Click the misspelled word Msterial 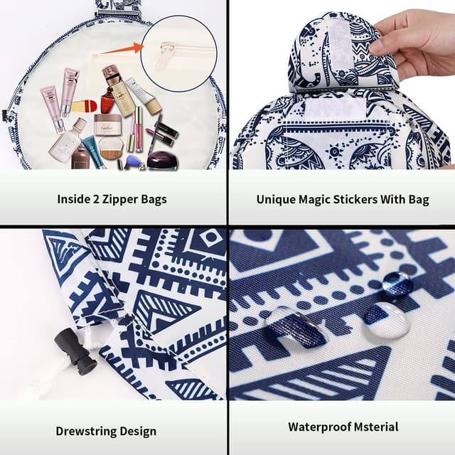(x=373, y=427)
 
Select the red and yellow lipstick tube (x=84, y=107)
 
